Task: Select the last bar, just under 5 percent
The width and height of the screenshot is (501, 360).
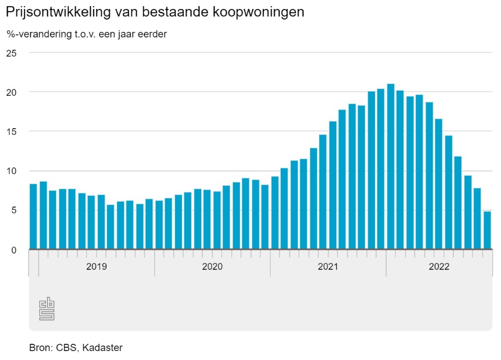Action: [487, 230]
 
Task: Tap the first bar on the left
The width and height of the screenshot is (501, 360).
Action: [33, 217]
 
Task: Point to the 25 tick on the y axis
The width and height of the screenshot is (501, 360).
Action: [12, 53]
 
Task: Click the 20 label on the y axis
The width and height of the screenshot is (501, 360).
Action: [12, 92]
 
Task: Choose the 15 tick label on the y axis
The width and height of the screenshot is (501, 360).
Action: [12, 132]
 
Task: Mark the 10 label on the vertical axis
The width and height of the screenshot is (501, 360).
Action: [12, 171]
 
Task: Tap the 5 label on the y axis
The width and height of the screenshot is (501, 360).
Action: [15, 211]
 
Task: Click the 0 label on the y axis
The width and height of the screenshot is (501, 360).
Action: [15, 250]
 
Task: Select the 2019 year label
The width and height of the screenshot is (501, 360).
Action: [96, 267]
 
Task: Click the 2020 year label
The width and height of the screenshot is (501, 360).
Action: [212, 267]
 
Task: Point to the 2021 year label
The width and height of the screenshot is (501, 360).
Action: [328, 267]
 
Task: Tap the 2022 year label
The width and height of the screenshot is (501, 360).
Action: [439, 267]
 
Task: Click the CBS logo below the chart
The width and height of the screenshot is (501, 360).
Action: [47, 308]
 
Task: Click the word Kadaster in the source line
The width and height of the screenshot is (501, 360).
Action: [102, 348]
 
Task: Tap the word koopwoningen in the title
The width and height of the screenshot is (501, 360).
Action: [263, 12]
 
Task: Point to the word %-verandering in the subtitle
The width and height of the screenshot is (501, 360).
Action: [34, 34]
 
